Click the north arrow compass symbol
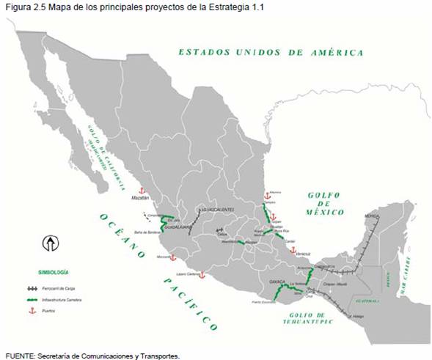pyautogui.click(x=51, y=242)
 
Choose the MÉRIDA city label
pyautogui.click(x=372, y=217)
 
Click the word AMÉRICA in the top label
pyautogui.click(x=337, y=53)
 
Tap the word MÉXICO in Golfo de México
pyautogui.click(x=326, y=212)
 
